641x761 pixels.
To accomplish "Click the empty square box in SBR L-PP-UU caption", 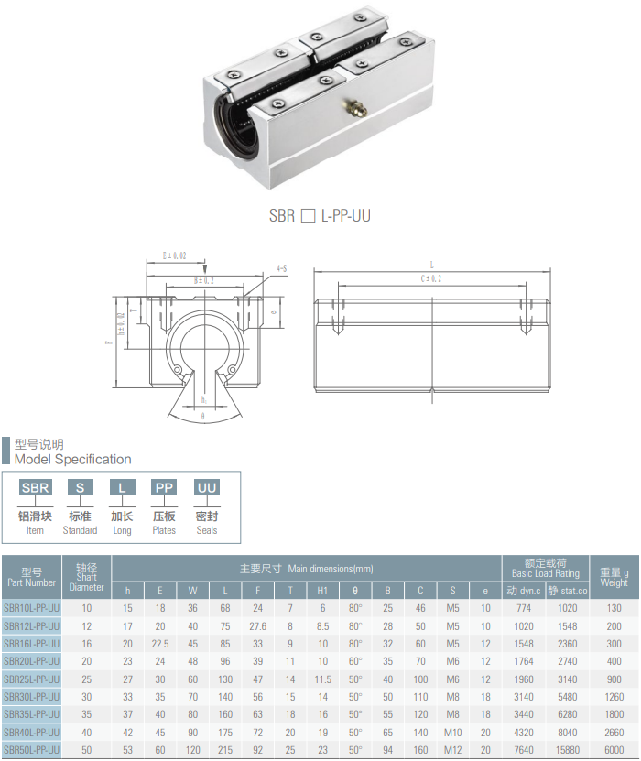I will (x=308, y=216).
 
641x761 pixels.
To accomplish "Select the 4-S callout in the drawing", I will (x=281, y=268).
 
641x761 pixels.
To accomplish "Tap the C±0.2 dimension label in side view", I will (x=430, y=278).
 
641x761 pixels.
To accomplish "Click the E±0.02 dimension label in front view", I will (x=174, y=255).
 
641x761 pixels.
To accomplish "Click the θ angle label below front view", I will (x=203, y=415).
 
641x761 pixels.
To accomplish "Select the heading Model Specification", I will (x=73, y=459).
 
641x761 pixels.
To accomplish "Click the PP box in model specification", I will (x=164, y=487).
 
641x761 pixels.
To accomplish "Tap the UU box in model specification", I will (x=207, y=487).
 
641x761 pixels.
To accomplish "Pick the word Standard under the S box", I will (x=80, y=530).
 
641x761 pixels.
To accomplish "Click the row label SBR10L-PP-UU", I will (x=31, y=608).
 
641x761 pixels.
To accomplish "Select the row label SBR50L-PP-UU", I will (x=31, y=749).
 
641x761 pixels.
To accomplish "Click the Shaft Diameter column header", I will (x=87, y=577).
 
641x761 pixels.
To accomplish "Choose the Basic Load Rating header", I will (x=545, y=569).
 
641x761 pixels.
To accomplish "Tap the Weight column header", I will (x=614, y=577).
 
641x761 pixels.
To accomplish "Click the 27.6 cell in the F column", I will (x=257, y=625).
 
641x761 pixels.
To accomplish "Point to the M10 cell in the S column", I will (x=452, y=732).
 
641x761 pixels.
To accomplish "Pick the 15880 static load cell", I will (x=567, y=749).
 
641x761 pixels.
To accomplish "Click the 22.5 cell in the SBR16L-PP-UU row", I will (x=160, y=644).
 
